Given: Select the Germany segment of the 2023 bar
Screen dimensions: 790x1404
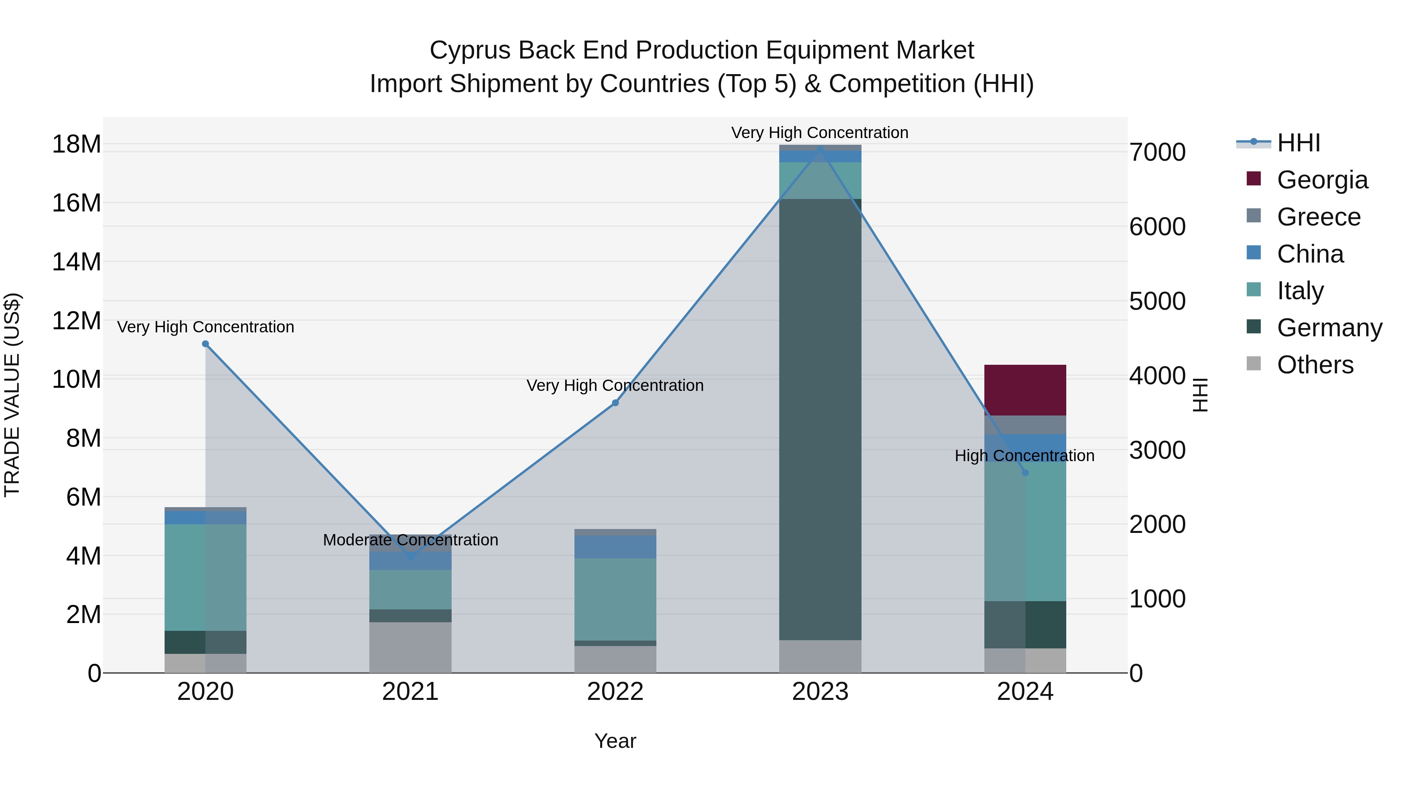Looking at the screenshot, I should pyautogui.click(x=820, y=419).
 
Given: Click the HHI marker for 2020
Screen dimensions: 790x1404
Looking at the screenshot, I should pyautogui.click(x=206, y=344).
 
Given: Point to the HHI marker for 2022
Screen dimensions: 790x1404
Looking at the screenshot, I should pyautogui.click(x=615, y=403).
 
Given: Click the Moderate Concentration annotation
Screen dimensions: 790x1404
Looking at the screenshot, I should pyautogui.click(x=410, y=540).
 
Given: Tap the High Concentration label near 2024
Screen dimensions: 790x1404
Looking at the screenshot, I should pyautogui.click(x=1024, y=455).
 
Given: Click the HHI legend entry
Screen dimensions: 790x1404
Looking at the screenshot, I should pyautogui.click(x=1298, y=143).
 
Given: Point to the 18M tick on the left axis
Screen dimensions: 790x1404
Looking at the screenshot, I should pyautogui.click(x=76, y=144).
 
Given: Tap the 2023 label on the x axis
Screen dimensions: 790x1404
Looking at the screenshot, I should pyautogui.click(x=820, y=692).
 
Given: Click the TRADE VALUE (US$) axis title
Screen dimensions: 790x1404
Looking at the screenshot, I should pyautogui.click(x=12, y=395).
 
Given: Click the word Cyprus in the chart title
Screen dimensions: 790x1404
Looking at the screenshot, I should pyautogui.click(x=470, y=50).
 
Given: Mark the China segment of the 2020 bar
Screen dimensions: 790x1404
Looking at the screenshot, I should pyautogui.click(x=206, y=517).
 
